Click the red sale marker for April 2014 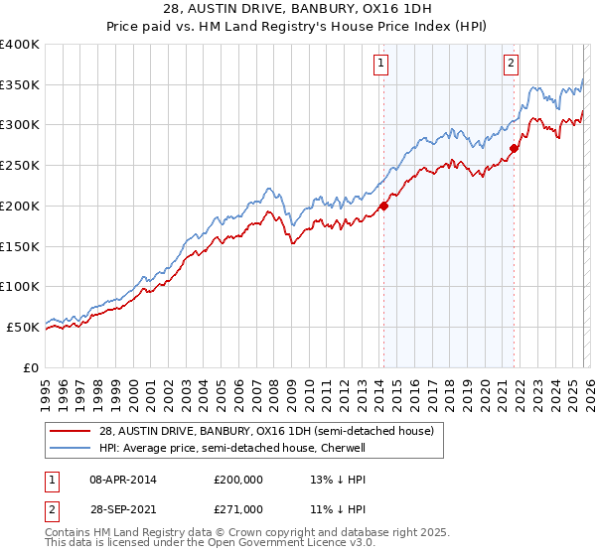point(383,207)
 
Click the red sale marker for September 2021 point(514,149)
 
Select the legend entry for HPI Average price point(232,448)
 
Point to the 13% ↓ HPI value point(339,479)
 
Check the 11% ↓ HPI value point(339,508)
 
